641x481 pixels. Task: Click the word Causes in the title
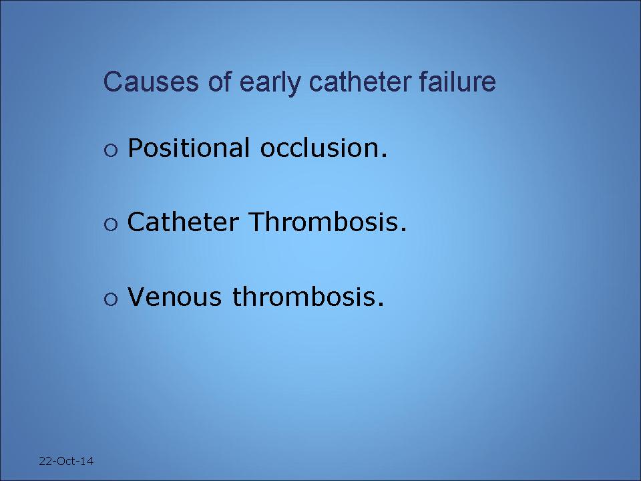tap(151, 81)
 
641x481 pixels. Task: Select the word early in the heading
tap(270, 83)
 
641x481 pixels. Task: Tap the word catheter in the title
tap(360, 81)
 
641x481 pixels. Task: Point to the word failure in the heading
tap(457, 81)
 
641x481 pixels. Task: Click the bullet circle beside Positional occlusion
tap(111, 150)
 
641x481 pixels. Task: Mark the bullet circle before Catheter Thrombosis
tap(111, 224)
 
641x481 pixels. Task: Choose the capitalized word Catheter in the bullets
tap(183, 222)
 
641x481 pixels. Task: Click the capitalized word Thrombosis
tap(323, 222)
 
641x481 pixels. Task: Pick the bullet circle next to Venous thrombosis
tap(111, 299)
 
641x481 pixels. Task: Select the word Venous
tap(174, 296)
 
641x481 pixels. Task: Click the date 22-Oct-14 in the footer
tap(66, 461)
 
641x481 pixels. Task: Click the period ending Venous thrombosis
tap(381, 305)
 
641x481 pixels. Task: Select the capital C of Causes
tap(112, 81)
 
